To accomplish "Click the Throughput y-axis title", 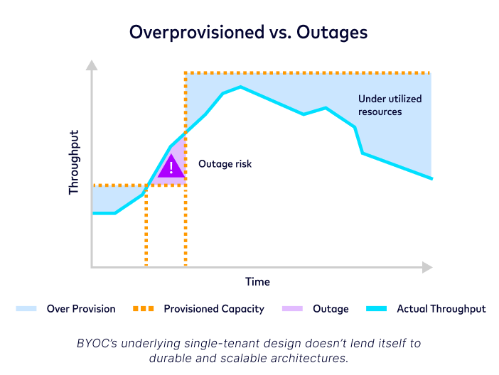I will [74, 162].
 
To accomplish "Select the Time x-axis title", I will [257, 281].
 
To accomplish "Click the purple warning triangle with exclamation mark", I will [171, 167].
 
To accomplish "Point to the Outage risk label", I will [225, 164].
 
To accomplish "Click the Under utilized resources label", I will [390, 105].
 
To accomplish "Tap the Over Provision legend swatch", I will [26, 309].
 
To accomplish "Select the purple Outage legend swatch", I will [291, 309].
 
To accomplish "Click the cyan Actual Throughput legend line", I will [375, 309].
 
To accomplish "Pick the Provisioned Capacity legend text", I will [213, 309].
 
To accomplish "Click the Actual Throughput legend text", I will [441, 309].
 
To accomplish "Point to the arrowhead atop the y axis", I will [91, 65].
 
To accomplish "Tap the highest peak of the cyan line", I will [241, 87].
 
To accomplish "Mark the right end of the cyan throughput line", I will [431, 178].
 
